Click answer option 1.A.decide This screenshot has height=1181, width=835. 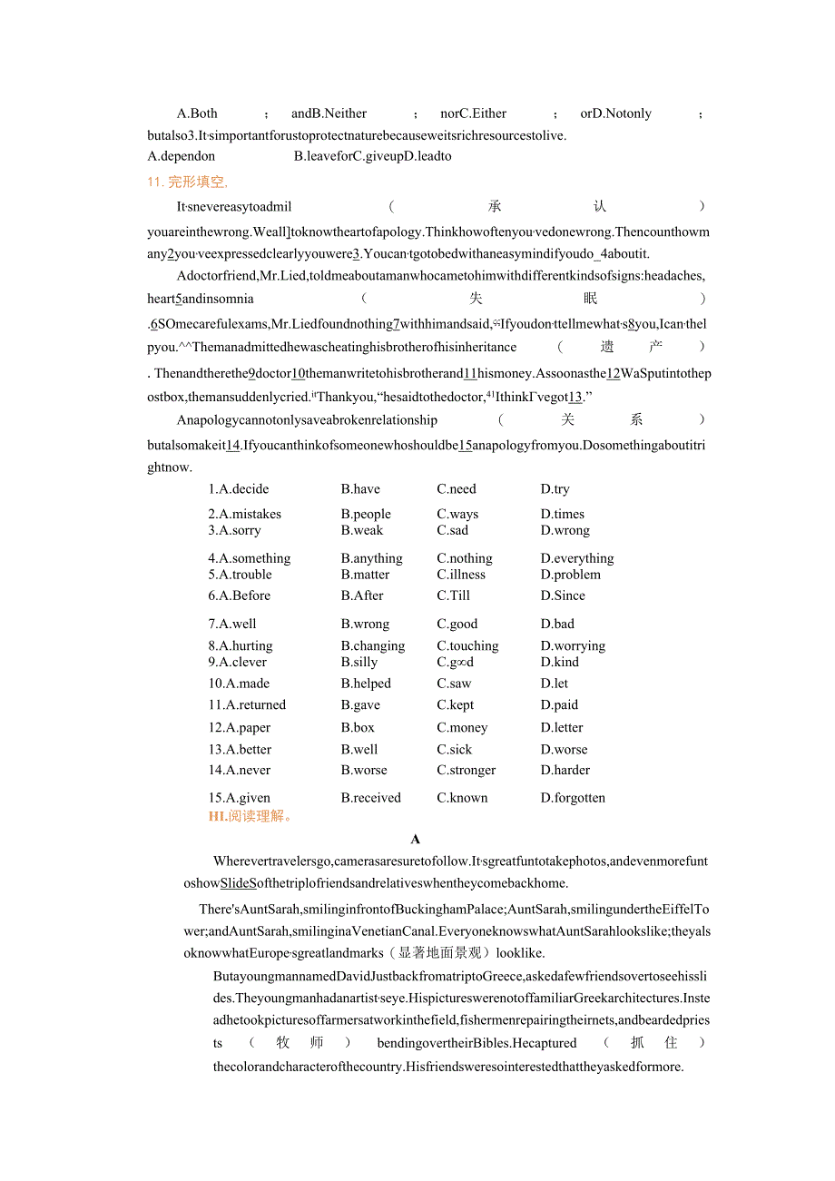(x=239, y=489)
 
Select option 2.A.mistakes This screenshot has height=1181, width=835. (x=245, y=514)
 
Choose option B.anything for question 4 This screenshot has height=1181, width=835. (x=371, y=558)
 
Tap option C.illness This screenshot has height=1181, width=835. (x=461, y=575)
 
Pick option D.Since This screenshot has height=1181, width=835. (x=563, y=595)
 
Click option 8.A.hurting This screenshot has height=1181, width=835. (x=241, y=645)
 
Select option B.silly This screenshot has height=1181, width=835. (x=359, y=662)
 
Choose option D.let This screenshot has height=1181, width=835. (x=555, y=684)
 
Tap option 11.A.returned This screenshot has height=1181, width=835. (x=247, y=704)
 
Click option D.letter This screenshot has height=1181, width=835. (x=562, y=727)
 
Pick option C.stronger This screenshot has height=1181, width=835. (x=467, y=770)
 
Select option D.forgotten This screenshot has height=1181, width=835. (x=573, y=798)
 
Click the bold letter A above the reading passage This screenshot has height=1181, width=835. (x=416, y=839)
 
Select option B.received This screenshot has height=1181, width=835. (x=370, y=798)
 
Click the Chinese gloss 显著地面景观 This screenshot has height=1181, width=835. (x=449, y=953)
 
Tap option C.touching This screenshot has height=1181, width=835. (x=467, y=645)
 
